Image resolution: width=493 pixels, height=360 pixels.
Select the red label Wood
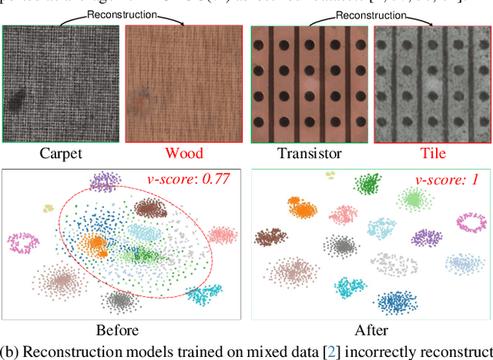(x=184, y=153)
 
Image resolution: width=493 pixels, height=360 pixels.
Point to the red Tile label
(x=431, y=153)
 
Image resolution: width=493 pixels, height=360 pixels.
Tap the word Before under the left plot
(x=118, y=331)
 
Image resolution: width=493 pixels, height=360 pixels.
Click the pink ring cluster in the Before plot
(x=25, y=244)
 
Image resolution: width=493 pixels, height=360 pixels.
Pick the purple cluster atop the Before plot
(x=104, y=182)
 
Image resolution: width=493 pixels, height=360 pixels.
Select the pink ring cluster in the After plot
(x=473, y=224)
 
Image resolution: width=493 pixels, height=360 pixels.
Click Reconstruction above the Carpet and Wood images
(x=123, y=14)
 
